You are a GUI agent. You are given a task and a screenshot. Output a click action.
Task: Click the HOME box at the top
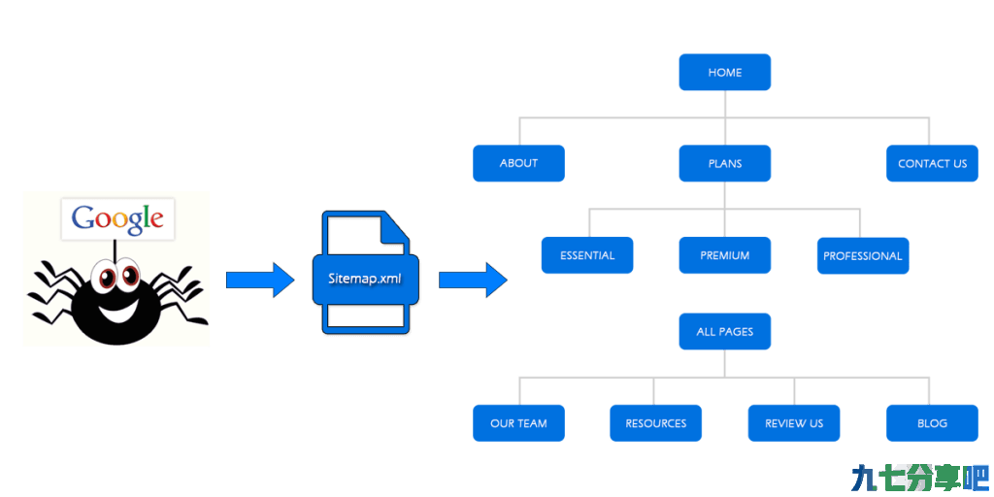pyautogui.click(x=724, y=72)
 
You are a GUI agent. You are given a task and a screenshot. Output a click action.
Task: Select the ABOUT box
pyautogui.click(x=518, y=163)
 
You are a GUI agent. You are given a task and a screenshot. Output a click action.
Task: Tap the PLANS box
pyautogui.click(x=724, y=163)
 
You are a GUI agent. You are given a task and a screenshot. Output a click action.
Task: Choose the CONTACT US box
pyautogui.click(x=932, y=163)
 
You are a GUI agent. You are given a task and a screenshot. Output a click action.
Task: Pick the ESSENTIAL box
pyautogui.click(x=587, y=255)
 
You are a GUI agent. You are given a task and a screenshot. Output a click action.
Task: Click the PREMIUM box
pyautogui.click(x=724, y=255)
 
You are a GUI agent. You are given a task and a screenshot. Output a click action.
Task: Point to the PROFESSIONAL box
pyautogui.click(x=863, y=256)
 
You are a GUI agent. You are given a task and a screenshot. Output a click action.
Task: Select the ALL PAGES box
pyautogui.click(x=724, y=332)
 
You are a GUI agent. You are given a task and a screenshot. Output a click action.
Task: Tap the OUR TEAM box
pyautogui.click(x=518, y=423)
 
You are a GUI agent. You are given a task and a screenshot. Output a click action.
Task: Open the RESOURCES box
pyautogui.click(x=655, y=423)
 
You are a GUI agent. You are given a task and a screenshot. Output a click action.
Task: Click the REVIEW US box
pyautogui.click(x=794, y=423)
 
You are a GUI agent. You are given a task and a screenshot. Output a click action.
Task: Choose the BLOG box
pyautogui.click(x=932, y=423)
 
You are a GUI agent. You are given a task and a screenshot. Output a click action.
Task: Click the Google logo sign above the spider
pyautogui.click(x=117, y=219)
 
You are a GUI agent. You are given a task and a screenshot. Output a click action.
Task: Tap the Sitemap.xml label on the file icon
pyautogui.click(x=365, y=279)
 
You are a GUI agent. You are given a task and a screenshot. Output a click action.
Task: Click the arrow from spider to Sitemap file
pyautogui.click(x=260, y=280)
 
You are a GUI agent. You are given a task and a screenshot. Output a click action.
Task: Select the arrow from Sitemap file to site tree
pyautogui.click(x=473, y=280)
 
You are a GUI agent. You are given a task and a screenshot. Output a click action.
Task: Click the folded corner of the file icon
pyautogui.click(x=394, y=228)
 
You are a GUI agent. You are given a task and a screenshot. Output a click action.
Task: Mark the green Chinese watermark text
pyautogui.click(x=920, y=478)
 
